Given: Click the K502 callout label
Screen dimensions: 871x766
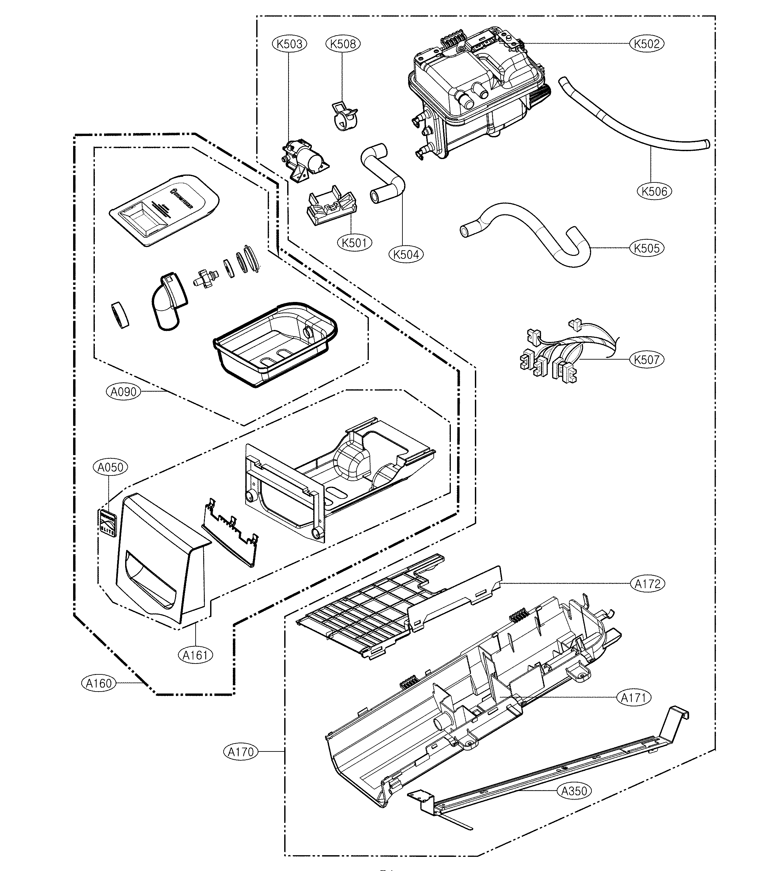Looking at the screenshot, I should (x=647, y=43).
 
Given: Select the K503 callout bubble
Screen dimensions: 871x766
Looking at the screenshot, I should (x=289, y=43).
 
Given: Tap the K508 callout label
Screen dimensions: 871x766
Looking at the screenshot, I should (x=343, y=43).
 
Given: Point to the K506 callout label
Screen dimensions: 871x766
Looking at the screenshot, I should (x=654, y=191).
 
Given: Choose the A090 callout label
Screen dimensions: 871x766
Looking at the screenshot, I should (x=123, y=392).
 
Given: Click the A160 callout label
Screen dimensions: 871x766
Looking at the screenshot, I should (x=99, y=683).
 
